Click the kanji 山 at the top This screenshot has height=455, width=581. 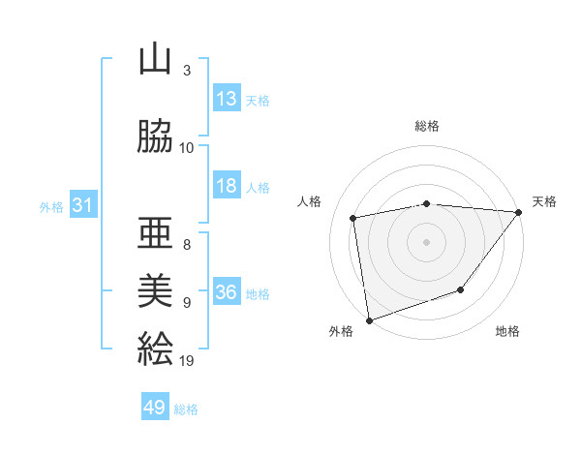[156, 61]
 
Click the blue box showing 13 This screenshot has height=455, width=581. [227, 99]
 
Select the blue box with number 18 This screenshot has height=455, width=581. [227, 186]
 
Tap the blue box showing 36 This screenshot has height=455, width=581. [227, 292]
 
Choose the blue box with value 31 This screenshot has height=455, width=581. [82, 205]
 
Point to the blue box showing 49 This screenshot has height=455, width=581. [155, 408]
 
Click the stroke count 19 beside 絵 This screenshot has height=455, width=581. [187, 361]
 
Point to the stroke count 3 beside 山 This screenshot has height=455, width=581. [187, 71]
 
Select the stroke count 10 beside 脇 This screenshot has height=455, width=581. [187, 148]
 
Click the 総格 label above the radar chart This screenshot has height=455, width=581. [427, 126]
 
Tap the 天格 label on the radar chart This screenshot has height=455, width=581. [544, 201]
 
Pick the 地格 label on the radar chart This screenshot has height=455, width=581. [507, 331]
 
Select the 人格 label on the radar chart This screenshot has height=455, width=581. [311, 201]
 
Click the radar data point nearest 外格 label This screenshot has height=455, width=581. [369, 319]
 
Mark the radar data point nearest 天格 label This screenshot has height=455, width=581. [519, 211]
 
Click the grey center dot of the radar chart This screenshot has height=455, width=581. [427, 241]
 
